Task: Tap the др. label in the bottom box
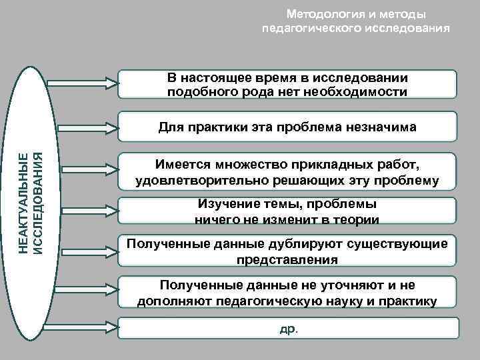coord(288,328)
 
